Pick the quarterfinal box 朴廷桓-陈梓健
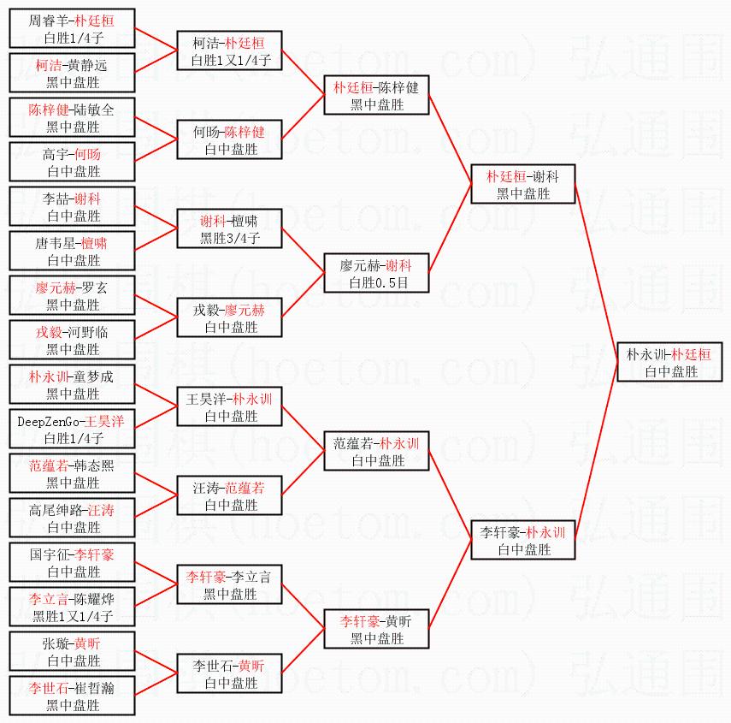point(376,95)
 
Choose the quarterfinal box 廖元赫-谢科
point(376,273)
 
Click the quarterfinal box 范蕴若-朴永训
point(376,451)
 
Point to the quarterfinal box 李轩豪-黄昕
point(376,629)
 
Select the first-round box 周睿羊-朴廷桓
point(72,28)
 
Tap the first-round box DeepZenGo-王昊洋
point(72,429)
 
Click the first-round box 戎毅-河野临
point(72,340)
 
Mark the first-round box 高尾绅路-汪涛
point(72,518)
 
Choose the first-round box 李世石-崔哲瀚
point(72,696)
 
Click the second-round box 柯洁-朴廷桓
point(229,50)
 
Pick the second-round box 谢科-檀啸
point(229,228)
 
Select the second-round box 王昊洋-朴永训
point(229,406)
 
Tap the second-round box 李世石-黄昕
point(229,673)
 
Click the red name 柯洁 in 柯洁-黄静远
point(48,65)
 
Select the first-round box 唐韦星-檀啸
point(72,251)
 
